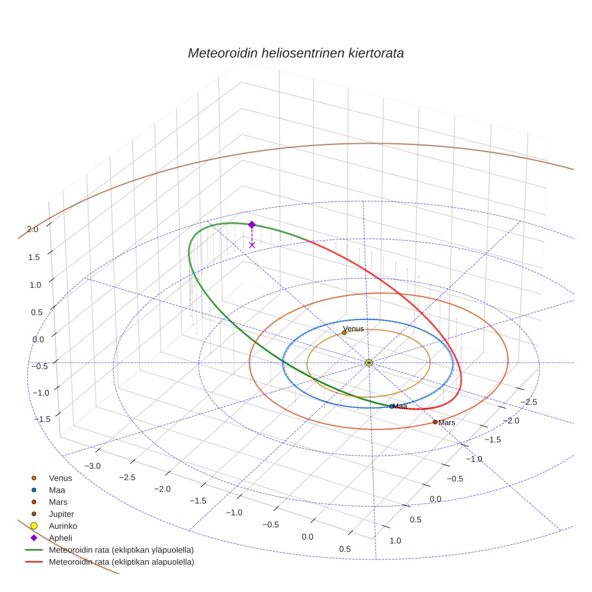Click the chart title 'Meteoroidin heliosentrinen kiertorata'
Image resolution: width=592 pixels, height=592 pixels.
[x=295, y=53]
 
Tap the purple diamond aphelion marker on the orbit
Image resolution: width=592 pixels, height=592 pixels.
[x=251, y=224]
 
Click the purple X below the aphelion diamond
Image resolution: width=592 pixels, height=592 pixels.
[x=251, y=245]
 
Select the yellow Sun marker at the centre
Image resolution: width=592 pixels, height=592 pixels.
[x=369, y=363]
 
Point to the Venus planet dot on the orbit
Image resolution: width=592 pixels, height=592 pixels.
[x=344, y=333]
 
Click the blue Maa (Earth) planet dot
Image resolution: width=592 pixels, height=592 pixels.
[x=391, y=406]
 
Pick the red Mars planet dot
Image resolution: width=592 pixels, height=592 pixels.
[x=435, y=422]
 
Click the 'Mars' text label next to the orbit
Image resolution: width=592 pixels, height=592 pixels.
[x=447, y=423]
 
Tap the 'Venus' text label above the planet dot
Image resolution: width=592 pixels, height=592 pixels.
[x=353, y=328]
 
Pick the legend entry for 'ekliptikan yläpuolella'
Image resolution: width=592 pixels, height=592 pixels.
[x=120, y=550]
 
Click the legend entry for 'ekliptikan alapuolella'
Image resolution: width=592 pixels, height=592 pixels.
[x=121, y=562]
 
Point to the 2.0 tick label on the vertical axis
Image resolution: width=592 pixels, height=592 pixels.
[x=32, y=229]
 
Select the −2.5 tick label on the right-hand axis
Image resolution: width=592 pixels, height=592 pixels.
[x=528, y=402]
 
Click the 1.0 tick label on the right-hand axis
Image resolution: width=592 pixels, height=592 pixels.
[x=396, y=541]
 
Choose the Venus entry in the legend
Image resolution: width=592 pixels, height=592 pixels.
[x=60, y=478]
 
